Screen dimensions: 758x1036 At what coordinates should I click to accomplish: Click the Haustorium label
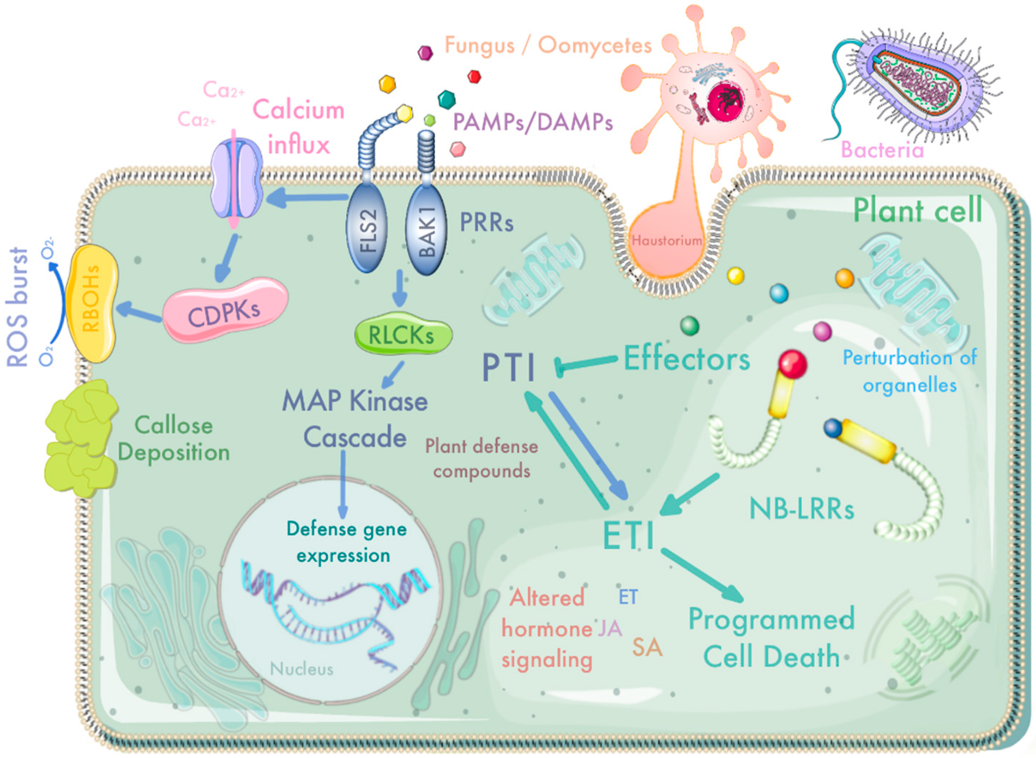(666, 240)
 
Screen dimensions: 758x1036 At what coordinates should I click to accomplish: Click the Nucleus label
(301, 669)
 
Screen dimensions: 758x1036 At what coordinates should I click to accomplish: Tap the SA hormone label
(647, 647)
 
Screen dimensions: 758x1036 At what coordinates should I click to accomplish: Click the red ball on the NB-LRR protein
(792, 364)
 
